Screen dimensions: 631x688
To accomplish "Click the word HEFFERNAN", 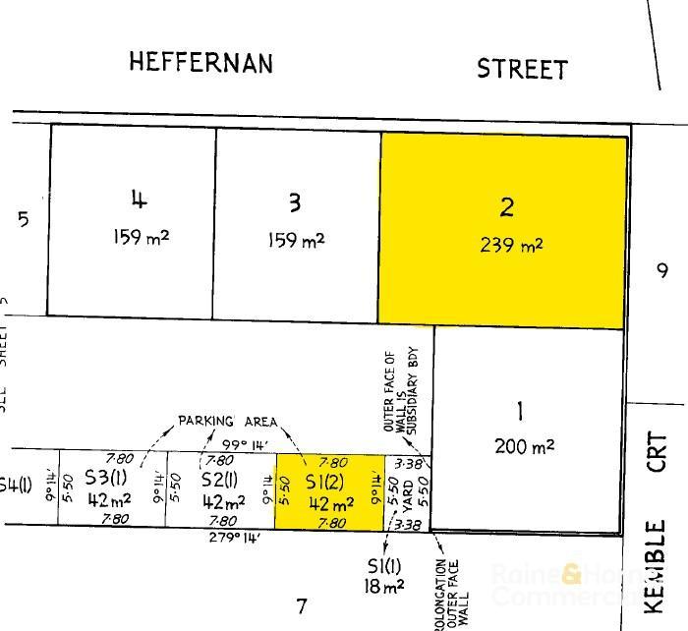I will coord(201,63).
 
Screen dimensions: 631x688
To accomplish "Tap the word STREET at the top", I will coord(522,69).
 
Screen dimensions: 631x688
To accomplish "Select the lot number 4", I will coord(139,200).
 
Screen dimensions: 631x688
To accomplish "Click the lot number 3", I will coord(295,202).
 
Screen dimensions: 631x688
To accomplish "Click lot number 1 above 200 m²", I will coord(521,410).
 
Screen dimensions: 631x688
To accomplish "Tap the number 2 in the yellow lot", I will coord(507,207).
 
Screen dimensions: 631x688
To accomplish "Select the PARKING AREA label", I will coord(228,422).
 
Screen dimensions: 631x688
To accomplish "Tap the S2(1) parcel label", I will coord(219,480).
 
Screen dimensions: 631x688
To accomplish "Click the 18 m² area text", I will coord(385,587).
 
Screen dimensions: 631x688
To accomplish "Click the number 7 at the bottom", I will coord(302,605).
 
